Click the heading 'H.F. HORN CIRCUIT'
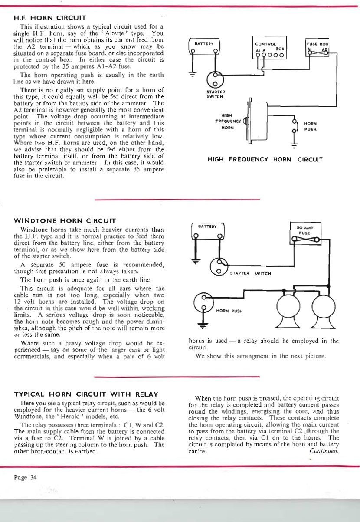coord(50,18)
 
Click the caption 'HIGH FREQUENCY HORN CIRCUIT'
coord(265,159)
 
